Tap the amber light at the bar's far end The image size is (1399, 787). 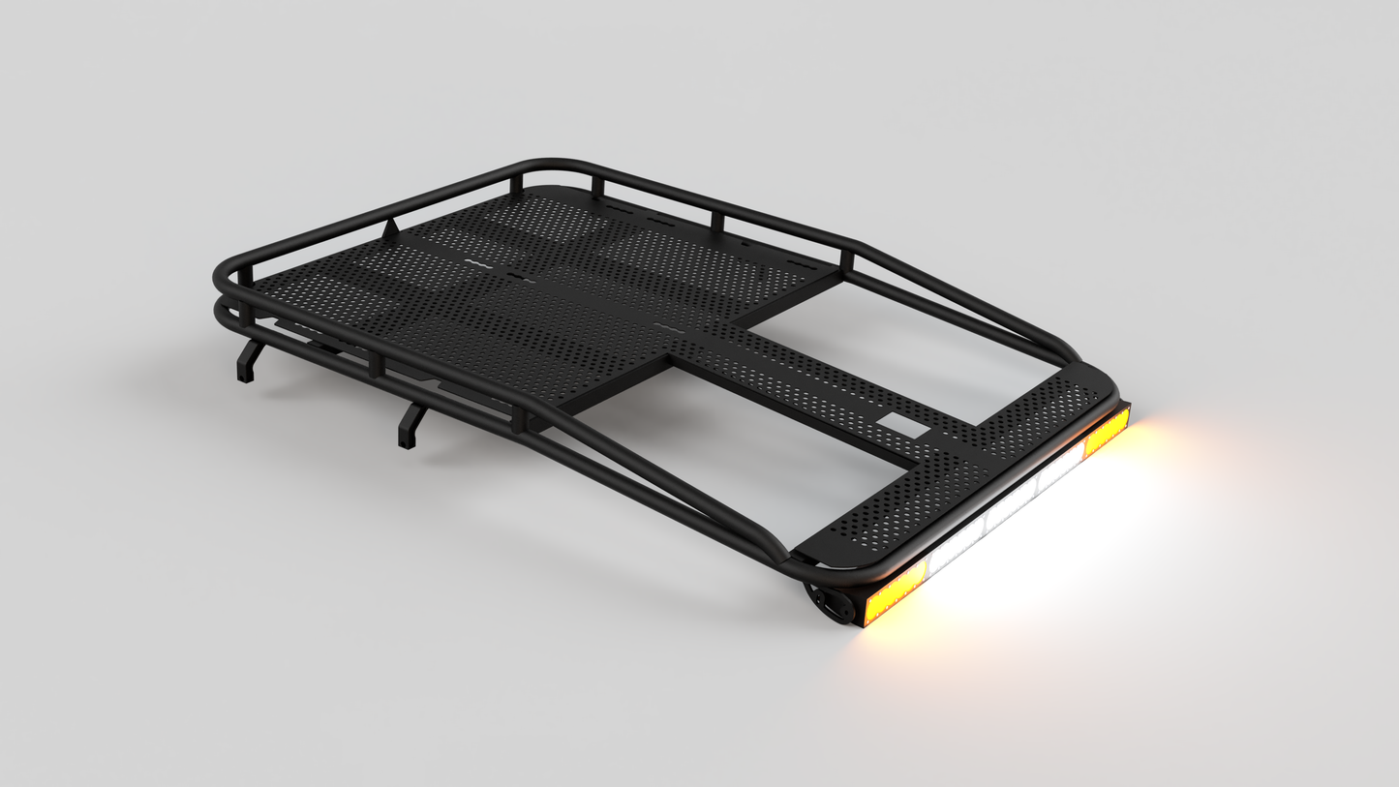tap(1107, 432)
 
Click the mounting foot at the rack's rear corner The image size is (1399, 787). tap(249, 360)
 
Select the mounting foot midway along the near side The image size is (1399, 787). tap(410, 426)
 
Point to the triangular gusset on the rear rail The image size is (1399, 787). tap(390, 230)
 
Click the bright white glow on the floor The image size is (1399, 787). tap(1046, 561)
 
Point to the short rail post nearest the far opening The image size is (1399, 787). tap(847, 260)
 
